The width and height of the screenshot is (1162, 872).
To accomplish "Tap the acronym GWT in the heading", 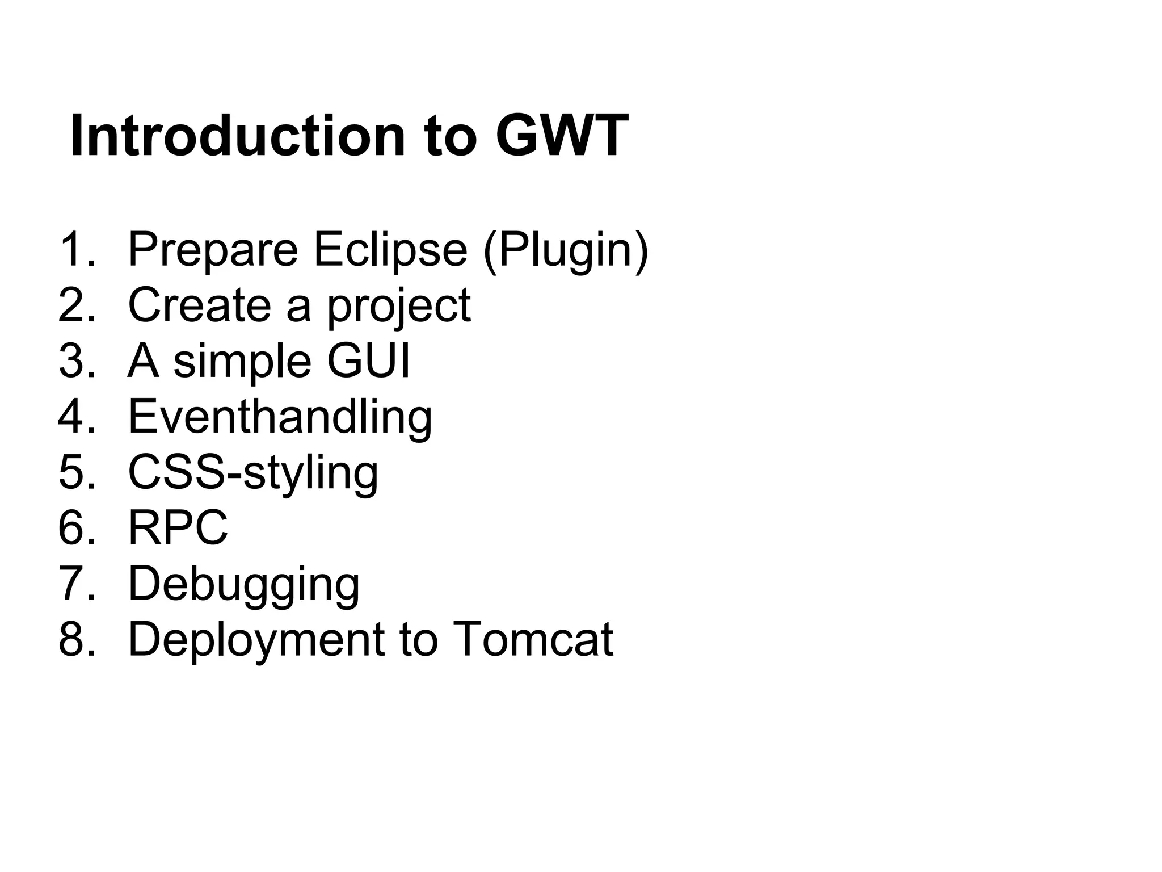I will coord(562,136).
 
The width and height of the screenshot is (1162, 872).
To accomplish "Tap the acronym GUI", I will coord(369,361).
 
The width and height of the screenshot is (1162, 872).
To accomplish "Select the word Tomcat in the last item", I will coord(533,639).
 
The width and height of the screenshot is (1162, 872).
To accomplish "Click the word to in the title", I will coord(449,136).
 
